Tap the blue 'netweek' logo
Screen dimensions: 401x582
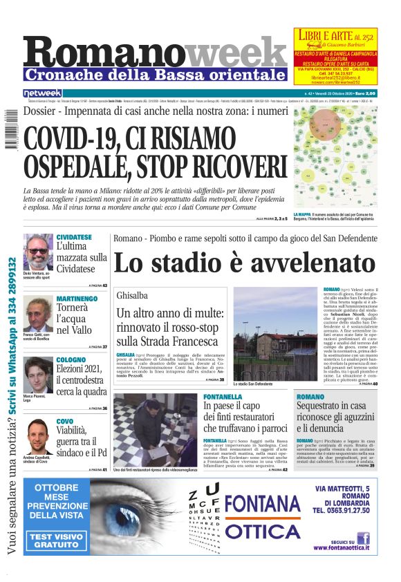pyautogui.click(x=42, y=93)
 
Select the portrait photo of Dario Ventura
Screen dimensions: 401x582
pyautogui.click(x=37, y=252)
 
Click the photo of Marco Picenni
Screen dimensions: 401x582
pyautogui.click(x=37, y=374)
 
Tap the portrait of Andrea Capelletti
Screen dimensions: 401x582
pyautogui.click(x=37, y=436)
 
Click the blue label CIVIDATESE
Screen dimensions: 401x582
pyautogui.click(x=74, y=237)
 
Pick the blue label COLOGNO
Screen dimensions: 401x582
pyautogui.click(x=71, y=360)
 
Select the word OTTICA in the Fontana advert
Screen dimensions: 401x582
pyautogui.click(x=262, y=532)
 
